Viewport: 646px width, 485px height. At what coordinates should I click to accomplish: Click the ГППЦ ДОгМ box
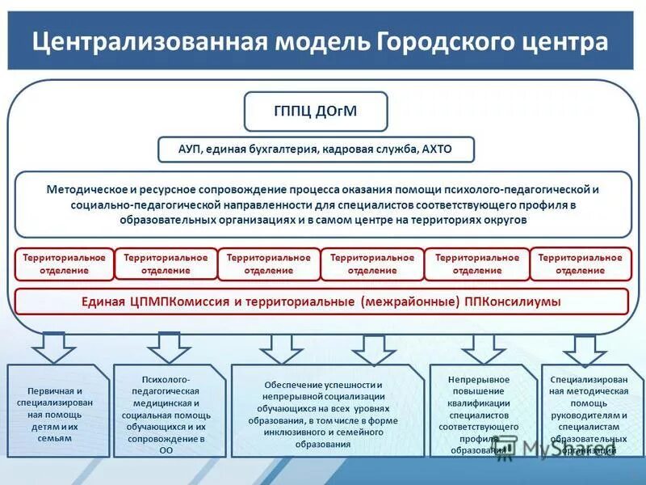316,112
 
